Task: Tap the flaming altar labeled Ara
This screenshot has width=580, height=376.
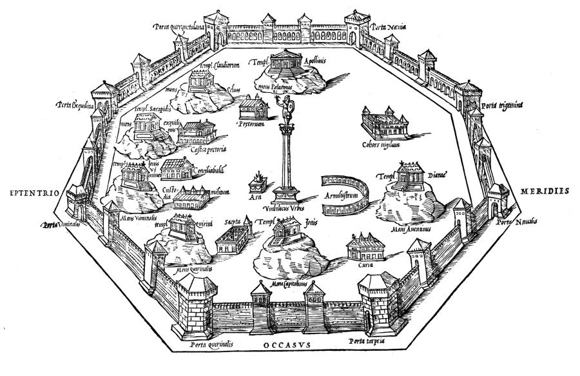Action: (258, 177)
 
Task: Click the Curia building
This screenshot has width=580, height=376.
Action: (365, 248)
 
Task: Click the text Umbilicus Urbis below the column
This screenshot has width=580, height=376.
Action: (284, 209)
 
